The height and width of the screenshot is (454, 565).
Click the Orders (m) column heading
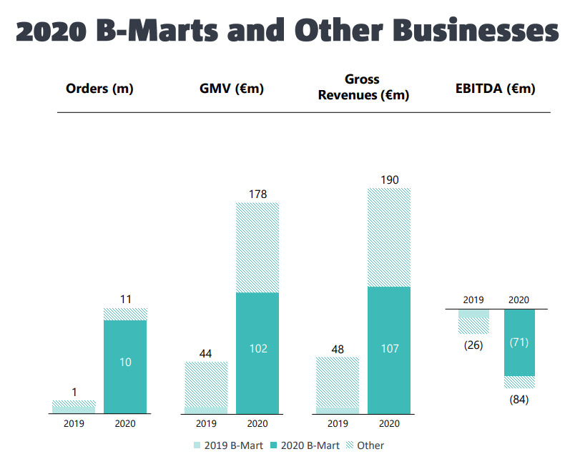point(99,89)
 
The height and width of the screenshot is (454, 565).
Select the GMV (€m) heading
point(232,89)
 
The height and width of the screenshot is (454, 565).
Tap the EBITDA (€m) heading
point(496,89)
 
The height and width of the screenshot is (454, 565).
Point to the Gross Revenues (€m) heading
point(363,87)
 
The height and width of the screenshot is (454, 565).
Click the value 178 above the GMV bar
point(258,194)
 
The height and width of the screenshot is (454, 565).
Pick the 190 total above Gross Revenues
point(390,179)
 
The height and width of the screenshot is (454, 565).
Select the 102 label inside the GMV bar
point(258,348)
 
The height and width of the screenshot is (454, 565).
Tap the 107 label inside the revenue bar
point(390,348)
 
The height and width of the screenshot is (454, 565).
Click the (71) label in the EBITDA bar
point(519,342)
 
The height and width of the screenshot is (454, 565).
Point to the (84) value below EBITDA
point(519,400)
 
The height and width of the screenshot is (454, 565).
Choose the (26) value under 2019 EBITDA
point(473,345)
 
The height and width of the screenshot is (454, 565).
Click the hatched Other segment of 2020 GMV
point(257,247)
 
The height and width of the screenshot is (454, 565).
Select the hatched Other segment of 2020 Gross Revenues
point(389,237)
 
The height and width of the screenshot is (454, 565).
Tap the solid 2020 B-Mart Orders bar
point(125,367)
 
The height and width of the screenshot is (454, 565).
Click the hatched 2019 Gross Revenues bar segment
point(338,382)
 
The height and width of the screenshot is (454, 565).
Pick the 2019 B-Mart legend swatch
point(197,445)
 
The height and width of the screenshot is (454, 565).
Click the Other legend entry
point(365,445)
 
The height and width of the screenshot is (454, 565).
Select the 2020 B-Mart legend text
point(310,445)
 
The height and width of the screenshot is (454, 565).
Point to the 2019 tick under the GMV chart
point(206,423)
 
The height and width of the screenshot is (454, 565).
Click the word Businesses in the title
point(476,30)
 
